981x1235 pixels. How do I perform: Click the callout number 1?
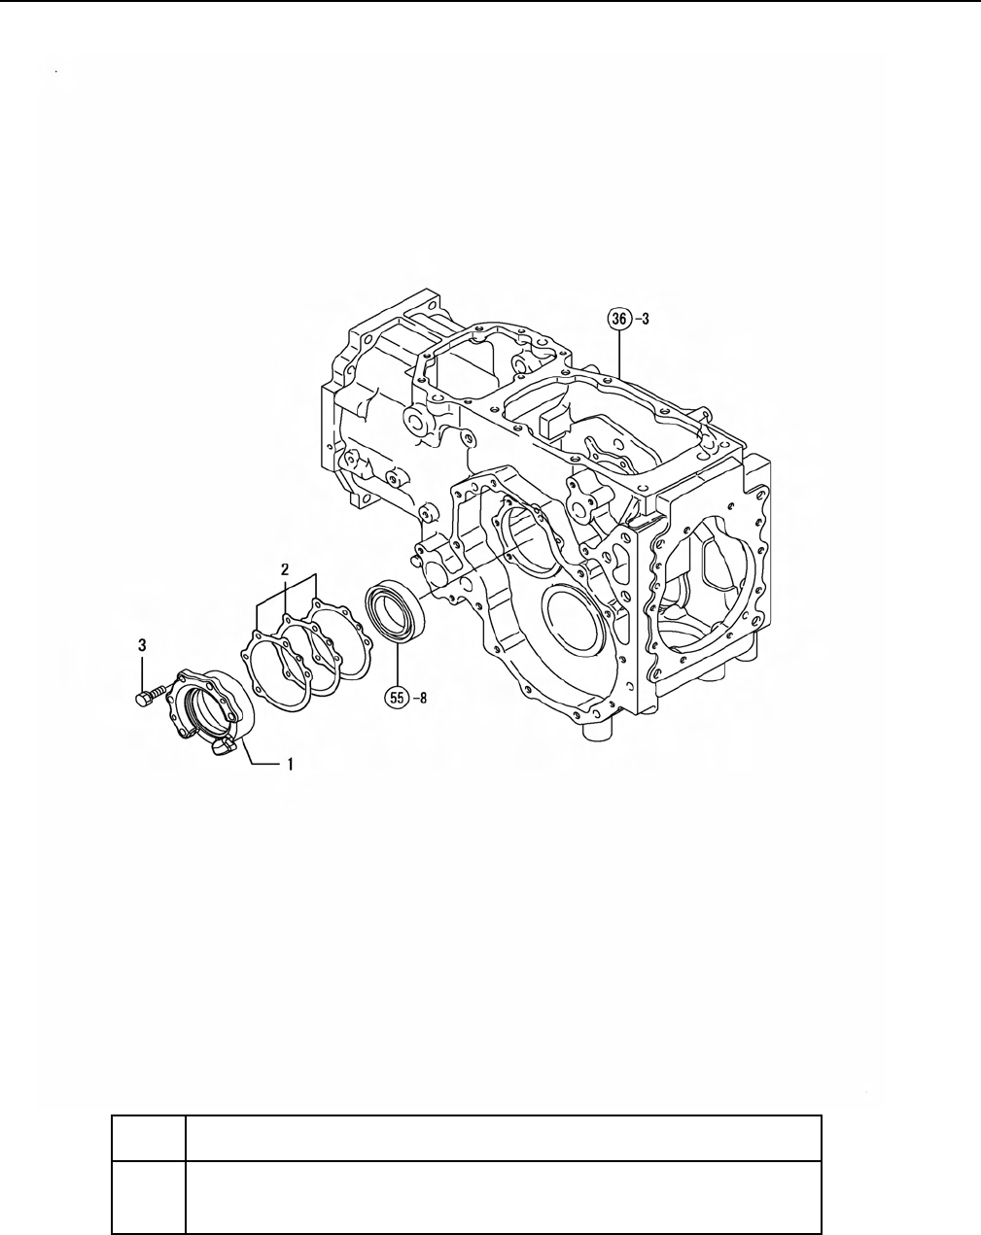[x=291, y=765]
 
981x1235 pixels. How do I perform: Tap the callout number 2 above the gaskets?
[x=284, y=569]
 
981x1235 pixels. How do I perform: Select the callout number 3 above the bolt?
[x=142, y=645]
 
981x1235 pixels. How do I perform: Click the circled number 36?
[x=619, y=319]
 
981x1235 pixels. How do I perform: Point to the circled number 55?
[x=397, y=698]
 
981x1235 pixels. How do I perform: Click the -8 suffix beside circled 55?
[x=419, y=699]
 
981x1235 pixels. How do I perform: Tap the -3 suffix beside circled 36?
[x=642, y=319]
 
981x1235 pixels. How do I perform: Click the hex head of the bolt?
[x=143, y=699]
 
